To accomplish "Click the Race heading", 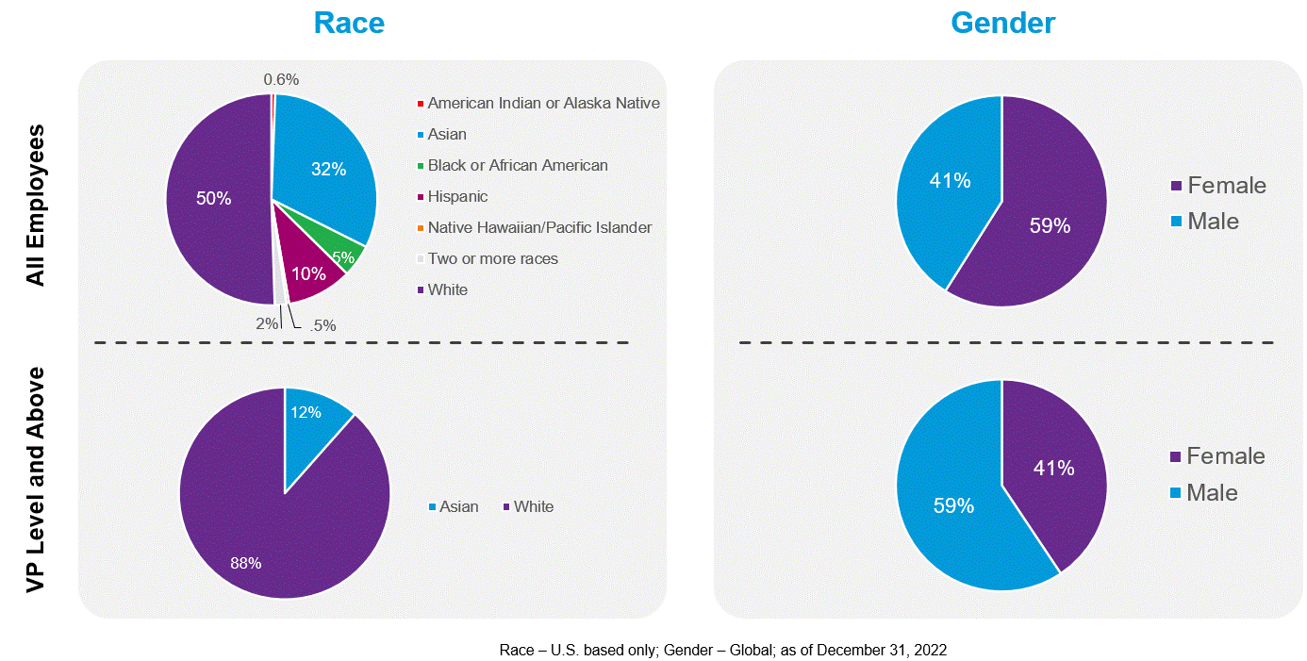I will [x=349, y=22].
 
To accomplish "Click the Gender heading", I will [x=1002, y=22].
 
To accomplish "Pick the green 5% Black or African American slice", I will [x=345, y=256].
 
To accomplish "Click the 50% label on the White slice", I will [x=214, y=198].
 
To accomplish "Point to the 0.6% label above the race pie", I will [x=281, y=80].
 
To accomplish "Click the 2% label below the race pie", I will [x=268, y=323].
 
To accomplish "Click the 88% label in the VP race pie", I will [x=246, y=563].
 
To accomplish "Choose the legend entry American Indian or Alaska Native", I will [x=543, y=103].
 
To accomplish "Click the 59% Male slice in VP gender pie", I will [x=952, y=505].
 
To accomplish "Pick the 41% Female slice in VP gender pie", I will [x=1054, y=468].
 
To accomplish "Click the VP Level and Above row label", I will [x=36, y=480].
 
